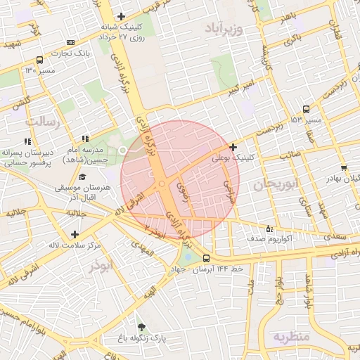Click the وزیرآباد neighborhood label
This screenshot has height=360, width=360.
tap(224, 30)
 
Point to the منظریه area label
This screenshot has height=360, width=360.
tap(292, 336)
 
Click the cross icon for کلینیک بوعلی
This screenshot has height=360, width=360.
tap(233, 147)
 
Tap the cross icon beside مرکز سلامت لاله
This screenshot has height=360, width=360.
tap(75, 233)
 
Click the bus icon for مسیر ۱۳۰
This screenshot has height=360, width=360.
tap(39, 60)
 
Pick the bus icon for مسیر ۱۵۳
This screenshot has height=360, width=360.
tap(305, 109)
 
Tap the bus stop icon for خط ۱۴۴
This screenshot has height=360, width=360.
tap(206, 258)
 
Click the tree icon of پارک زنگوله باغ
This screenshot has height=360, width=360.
tap(142, 327)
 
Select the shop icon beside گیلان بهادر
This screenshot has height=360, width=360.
tap(343, 168)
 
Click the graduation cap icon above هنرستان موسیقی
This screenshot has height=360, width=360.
tap(82, 177)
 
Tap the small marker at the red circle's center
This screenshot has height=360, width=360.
tap(162, 184)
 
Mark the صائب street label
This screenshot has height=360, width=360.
tap(291, 153)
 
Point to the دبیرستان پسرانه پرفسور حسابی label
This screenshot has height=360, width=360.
tap(27, 156)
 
